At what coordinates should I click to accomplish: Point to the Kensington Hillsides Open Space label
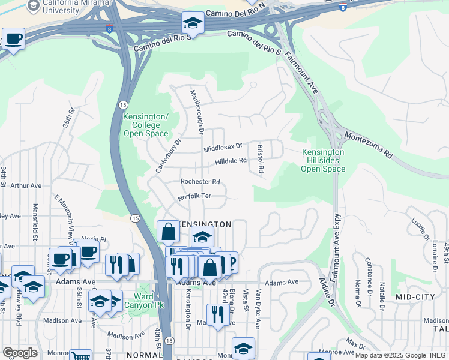coord(323,160)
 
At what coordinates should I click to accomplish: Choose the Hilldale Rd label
coord(231,161)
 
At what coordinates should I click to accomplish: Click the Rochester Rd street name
coord(200,182)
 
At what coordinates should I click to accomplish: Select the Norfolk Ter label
coord(194,197)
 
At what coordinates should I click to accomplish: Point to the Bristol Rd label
coord(261,158)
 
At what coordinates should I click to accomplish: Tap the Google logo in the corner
coord(19,352)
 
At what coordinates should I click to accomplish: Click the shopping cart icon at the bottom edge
coord(80,355)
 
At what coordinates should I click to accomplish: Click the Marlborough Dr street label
coord(197,112)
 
